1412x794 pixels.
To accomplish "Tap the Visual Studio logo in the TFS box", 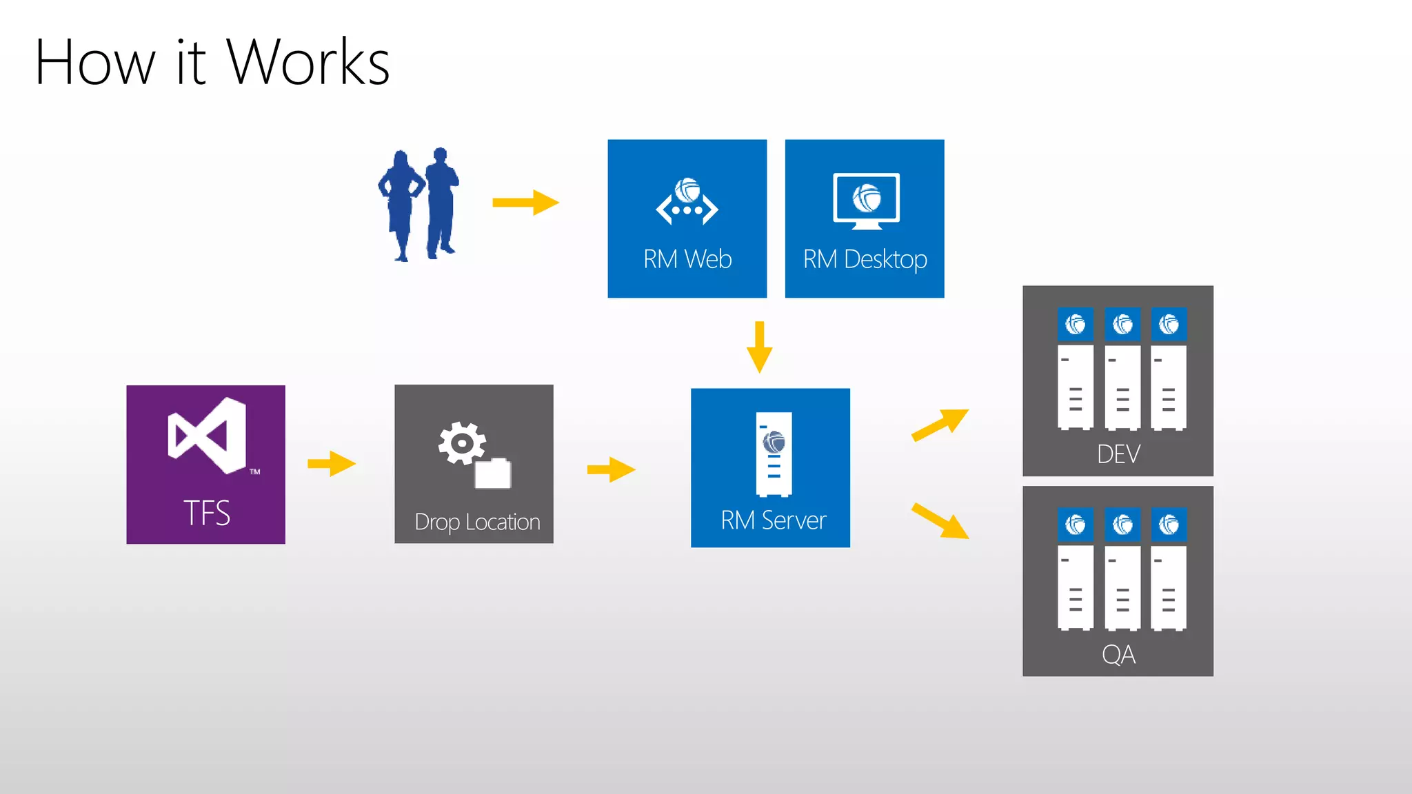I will [207, 436].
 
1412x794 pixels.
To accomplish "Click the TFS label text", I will [207, 513].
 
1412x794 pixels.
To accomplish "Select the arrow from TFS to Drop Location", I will [332, 463].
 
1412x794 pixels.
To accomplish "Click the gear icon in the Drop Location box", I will [461, 443].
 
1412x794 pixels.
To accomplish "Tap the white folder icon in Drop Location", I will [493, 474].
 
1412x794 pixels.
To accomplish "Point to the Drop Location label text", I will [477, 522].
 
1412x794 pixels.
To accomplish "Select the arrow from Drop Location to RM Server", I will [611, 469].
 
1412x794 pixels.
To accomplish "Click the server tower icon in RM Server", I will [774, 454].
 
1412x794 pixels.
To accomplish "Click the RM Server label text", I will [773, 520].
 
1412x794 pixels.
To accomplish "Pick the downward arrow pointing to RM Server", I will [759, 347].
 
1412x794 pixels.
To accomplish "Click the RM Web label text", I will [687, 259].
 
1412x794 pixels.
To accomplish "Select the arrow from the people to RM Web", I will [525, 203].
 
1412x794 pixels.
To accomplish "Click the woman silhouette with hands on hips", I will [401, 205].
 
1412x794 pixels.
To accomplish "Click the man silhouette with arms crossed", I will [441, 203].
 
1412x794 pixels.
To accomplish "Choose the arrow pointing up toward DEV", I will [940, 425].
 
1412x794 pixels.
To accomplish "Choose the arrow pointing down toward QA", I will [940, 520].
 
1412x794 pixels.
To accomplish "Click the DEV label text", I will [1118, 454].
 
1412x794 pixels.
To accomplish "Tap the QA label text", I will [1118, 654].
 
